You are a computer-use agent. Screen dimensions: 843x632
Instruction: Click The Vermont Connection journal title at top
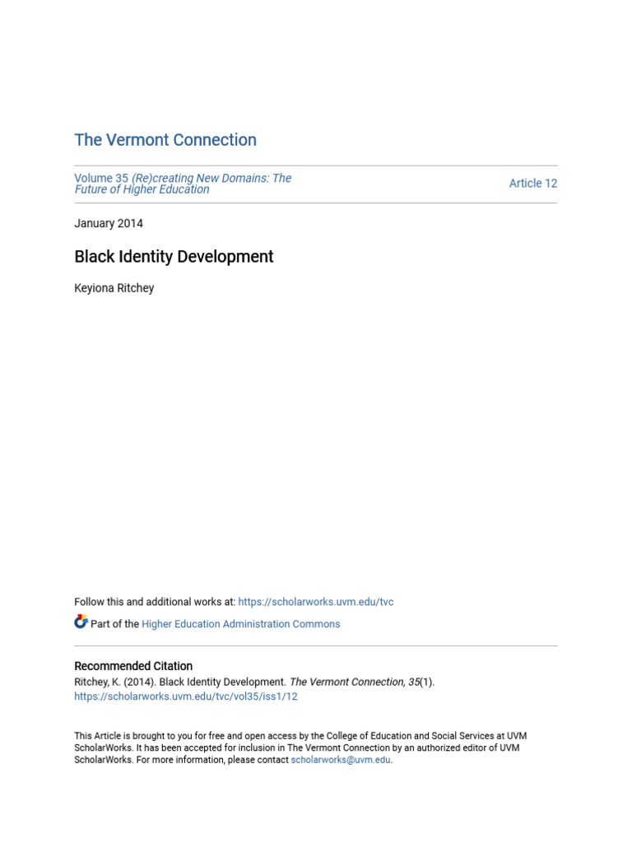[165, 140]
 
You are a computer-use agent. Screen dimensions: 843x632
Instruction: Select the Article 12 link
[532, 184]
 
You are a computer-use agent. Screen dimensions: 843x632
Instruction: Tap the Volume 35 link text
[101, 178]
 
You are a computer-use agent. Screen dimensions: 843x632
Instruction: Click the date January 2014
[109, 223]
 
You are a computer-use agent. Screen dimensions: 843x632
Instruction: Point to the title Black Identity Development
[174, 257]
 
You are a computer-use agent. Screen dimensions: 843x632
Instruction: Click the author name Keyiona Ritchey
[114, 288]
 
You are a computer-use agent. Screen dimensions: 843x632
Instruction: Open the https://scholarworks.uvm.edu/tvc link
[316, 602]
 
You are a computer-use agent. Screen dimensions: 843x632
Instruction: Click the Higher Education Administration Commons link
[240, 624]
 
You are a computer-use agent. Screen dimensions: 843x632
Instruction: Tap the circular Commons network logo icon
[81, 622]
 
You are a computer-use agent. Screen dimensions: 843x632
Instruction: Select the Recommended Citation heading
[133, 666]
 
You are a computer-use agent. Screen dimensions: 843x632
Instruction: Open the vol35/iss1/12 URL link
[186, 696]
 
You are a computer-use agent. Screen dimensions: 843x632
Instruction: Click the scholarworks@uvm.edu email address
[341, 760]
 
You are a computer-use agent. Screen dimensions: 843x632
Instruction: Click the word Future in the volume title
[92, 189]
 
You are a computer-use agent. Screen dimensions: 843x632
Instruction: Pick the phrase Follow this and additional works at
[155, 602]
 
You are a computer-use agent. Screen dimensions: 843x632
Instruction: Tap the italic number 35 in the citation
[414, 682]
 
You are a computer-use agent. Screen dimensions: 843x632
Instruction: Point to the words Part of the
[114, 624]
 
